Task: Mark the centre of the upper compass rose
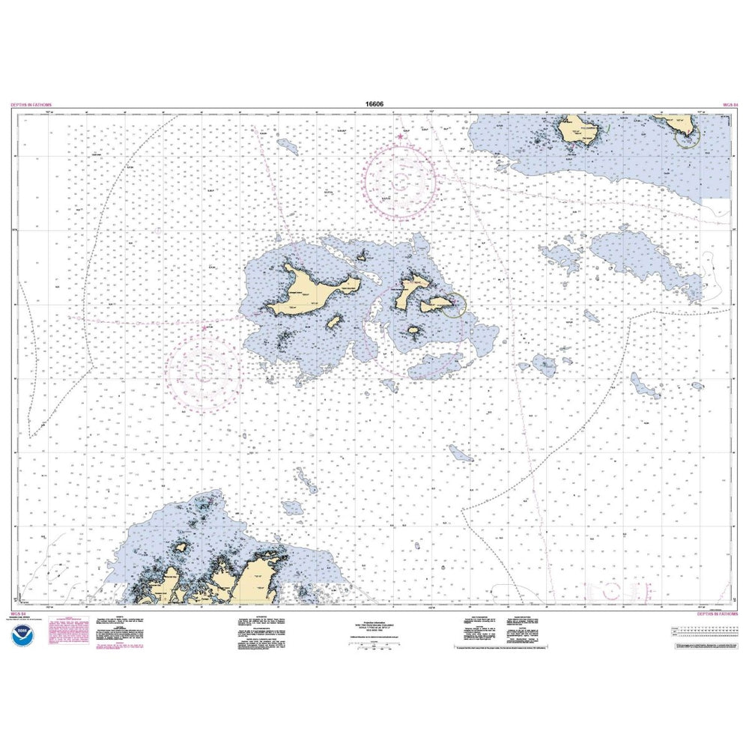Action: click(401, 181)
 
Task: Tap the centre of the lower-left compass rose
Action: click(203, 371)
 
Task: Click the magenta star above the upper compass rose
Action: click(401, 137)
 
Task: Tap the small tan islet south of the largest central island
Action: click(334, 323)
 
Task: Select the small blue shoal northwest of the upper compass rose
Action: click(287, 145)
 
